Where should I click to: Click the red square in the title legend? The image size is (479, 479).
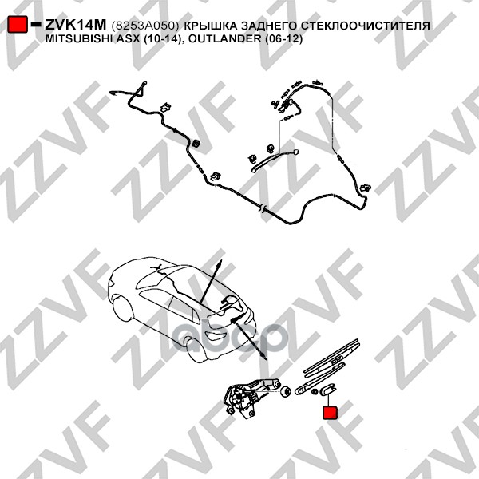18,24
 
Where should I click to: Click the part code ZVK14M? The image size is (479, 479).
76,25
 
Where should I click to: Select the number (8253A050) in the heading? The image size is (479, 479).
145,26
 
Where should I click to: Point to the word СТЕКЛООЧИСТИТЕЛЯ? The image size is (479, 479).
366,26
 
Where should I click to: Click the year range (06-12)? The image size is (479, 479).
283,39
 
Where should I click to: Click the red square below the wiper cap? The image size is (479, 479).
331,412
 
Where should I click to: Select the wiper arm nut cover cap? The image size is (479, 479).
328,390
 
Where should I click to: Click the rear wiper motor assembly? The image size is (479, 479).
249,396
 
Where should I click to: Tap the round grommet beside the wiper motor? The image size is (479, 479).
285,391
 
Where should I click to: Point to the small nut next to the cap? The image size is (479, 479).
315,391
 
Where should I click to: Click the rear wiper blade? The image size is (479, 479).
331,356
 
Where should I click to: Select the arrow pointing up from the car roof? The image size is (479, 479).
211,281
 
